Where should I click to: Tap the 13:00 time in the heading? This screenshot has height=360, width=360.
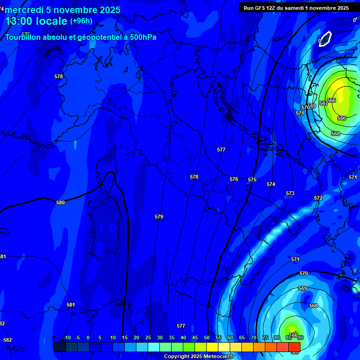22,21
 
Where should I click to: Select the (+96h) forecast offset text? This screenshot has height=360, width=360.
82,21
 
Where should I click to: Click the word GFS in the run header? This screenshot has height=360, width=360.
259,8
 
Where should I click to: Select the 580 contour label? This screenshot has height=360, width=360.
60,203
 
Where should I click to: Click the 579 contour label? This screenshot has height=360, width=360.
159,217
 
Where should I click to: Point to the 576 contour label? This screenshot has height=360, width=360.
234,180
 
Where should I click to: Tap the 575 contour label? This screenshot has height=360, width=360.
252,180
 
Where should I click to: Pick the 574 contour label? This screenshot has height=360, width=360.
271,185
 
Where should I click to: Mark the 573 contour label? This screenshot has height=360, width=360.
290,194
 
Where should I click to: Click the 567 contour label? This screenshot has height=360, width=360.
323,103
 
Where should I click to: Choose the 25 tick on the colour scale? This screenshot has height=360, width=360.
148,338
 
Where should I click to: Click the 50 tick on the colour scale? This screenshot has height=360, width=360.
207,338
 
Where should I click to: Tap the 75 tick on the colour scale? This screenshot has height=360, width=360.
265,338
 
